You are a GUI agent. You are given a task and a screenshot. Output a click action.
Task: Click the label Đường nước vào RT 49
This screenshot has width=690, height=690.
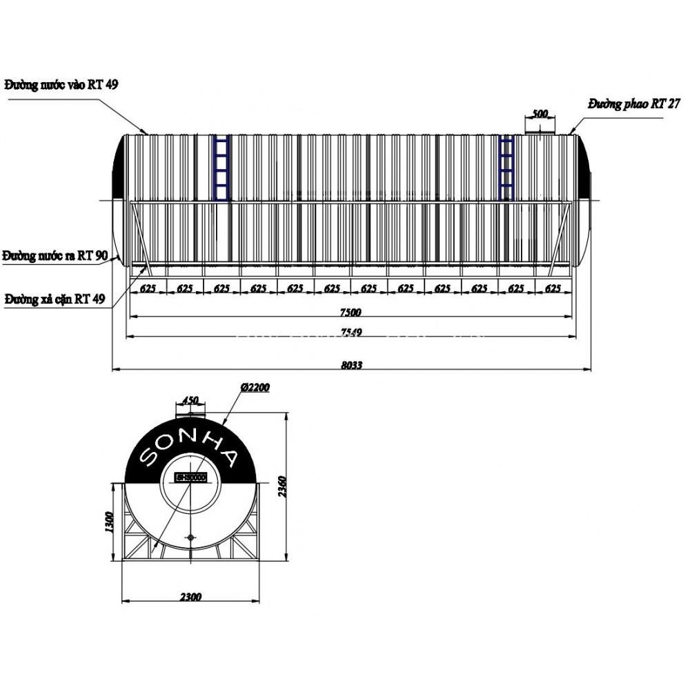tap(61, 86)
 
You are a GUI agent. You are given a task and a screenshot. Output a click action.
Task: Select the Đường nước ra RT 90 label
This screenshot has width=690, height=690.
tap(55, 257)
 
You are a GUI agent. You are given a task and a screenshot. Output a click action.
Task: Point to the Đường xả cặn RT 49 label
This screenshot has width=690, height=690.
tap(55, 299)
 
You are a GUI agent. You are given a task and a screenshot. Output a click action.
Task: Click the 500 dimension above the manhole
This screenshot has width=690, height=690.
tap(540, 113)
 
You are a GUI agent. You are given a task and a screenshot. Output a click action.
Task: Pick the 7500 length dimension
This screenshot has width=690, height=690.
tap(351, 312)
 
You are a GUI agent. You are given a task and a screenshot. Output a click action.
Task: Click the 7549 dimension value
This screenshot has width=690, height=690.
tap(351, 333)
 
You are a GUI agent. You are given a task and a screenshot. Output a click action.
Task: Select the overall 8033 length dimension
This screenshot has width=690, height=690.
tap(351, 366)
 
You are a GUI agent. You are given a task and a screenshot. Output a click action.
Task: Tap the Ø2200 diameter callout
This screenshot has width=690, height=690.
tap(255, 388)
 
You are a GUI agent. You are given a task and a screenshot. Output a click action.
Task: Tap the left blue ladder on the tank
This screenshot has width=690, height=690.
tap(221, 169)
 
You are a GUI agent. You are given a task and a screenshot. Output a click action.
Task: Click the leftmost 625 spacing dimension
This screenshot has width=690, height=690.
tap(147, 289)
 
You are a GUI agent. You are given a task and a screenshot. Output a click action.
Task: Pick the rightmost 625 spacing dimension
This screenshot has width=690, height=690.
tap(553, 289)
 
